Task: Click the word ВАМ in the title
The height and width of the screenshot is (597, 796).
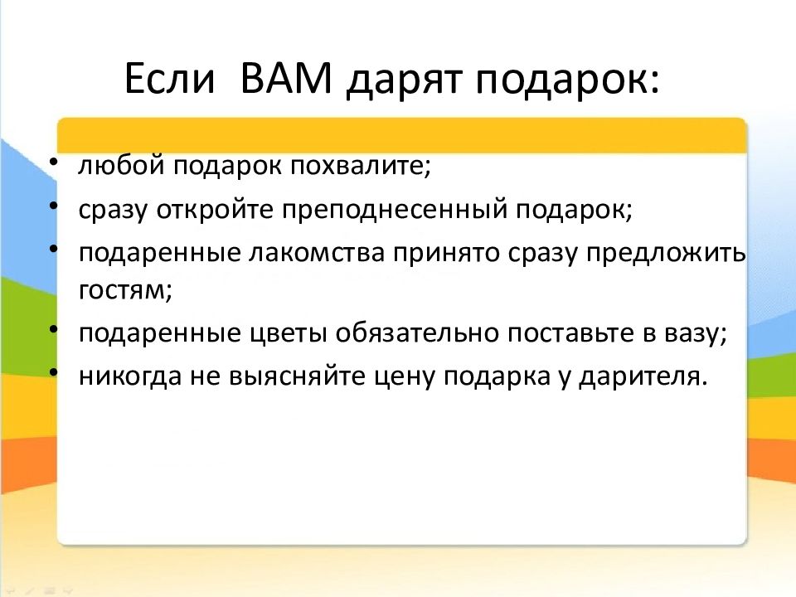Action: click(286, 78)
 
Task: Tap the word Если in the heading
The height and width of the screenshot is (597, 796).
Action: click(169, 78)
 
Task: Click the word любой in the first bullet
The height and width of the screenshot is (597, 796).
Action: click(121, 165)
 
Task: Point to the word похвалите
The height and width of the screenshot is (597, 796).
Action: click(360, 165)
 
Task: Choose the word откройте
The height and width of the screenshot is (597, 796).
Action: click(216, 209)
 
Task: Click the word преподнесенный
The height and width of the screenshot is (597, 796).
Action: click(395, 210)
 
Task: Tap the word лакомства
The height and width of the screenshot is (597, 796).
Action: click(316, 253)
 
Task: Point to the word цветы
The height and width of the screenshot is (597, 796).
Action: click(289, 333)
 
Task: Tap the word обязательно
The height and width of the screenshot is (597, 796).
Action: click(417, 333)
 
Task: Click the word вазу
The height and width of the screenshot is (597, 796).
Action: click(696, 334)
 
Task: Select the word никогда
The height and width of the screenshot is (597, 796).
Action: click(130, 376)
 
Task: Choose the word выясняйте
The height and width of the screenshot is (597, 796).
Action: click(297, 376)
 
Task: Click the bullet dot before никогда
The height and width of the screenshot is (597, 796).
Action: click(54, 372)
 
